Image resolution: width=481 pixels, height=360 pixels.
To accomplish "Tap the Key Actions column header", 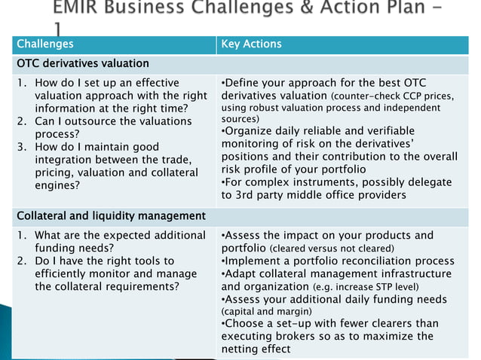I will (x=251, y=44).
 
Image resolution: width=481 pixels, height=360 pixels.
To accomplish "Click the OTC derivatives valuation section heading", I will (x=83, y=63).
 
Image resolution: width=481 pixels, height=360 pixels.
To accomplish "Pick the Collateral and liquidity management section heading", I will (x=111, y=217).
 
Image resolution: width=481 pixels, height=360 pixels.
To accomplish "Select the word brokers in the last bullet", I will (x=305, y=336).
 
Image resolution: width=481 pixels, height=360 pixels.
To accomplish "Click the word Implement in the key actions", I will (x=254, y=261).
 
